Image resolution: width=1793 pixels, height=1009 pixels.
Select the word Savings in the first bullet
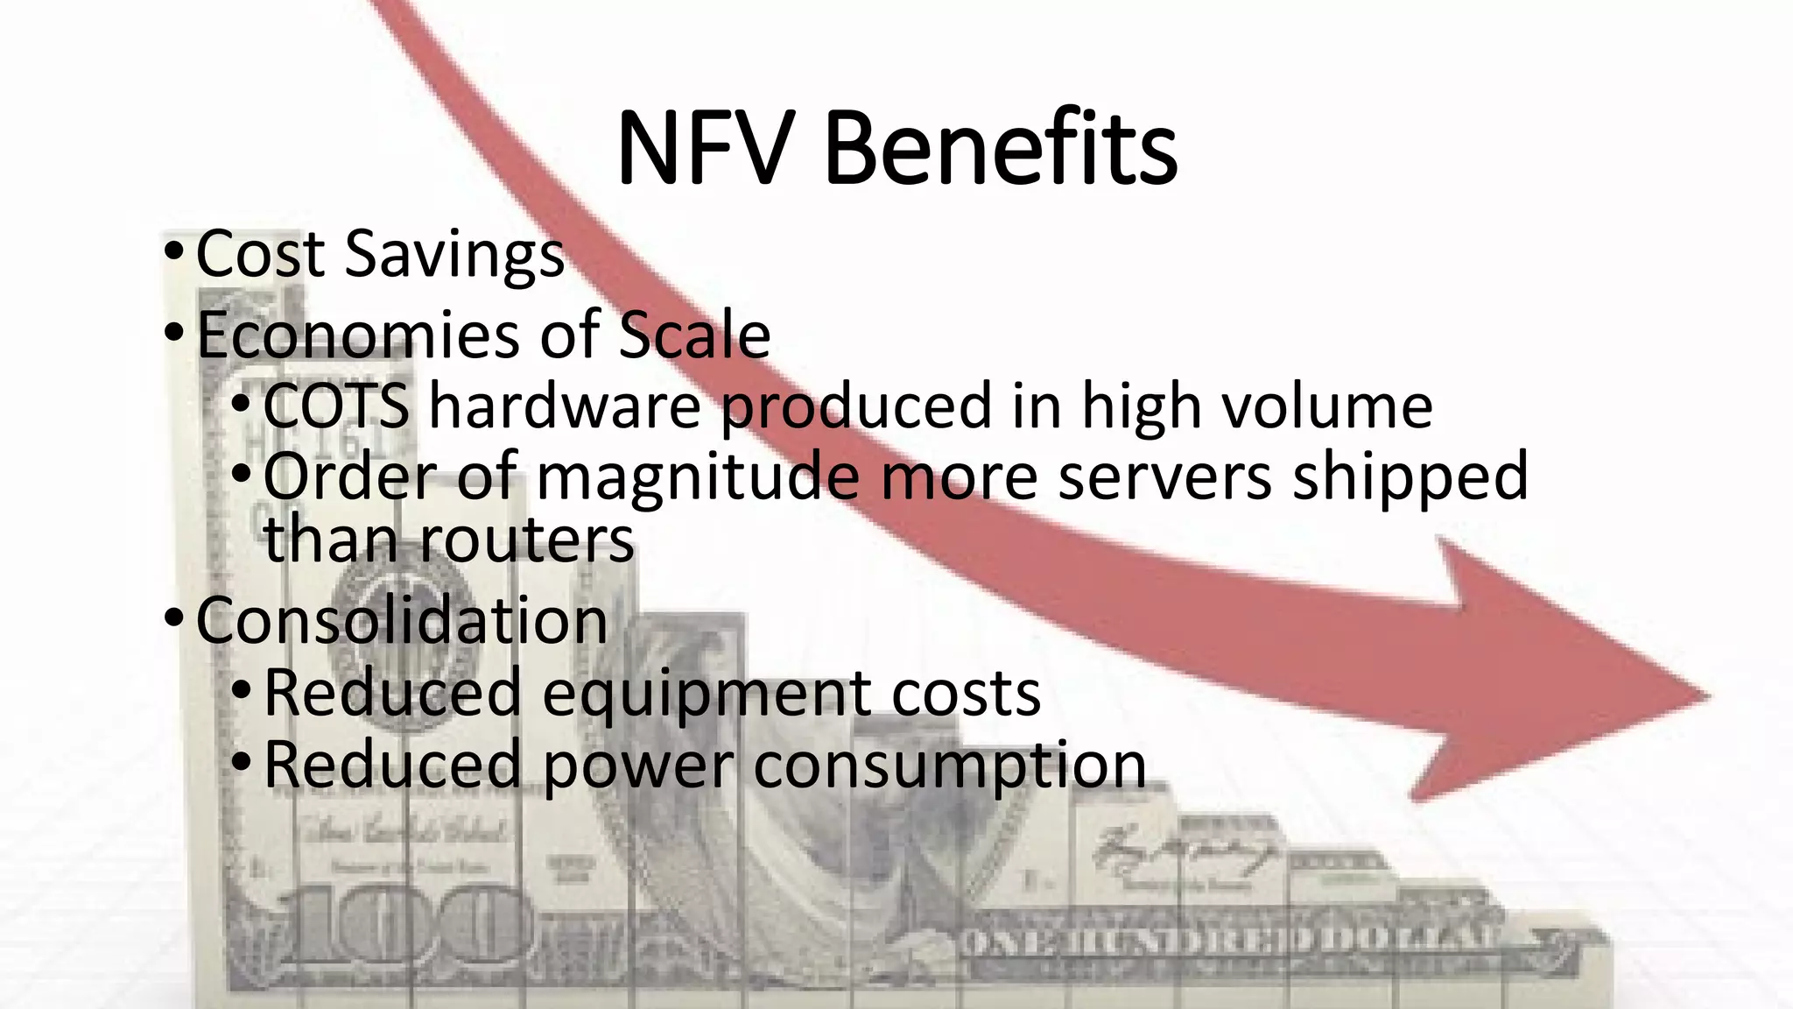(454, 255)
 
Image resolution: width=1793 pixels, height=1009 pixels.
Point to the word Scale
(694, 335)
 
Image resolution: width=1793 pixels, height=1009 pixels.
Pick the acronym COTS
(336, 406)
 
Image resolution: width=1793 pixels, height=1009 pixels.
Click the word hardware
(565, 406)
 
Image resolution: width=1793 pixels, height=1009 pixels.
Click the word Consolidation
(401, 620)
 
